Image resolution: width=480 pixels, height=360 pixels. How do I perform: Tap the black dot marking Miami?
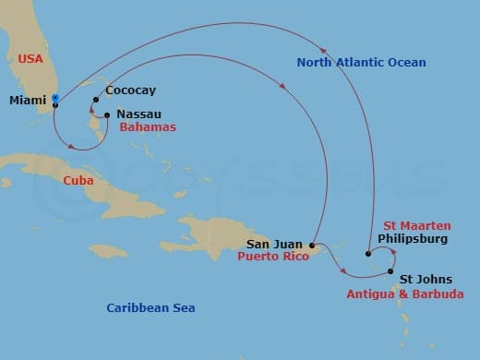[55, 105]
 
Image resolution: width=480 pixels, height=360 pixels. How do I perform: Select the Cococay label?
[129, 91]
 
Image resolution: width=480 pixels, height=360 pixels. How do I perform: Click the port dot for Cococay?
[96, 100]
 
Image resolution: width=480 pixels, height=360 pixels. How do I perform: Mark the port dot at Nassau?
[108, 115]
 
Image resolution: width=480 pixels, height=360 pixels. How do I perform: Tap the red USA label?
[31, 59]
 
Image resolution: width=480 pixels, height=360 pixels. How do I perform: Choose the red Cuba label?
[78, 181]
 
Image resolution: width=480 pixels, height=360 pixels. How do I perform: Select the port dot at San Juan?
[312, 246]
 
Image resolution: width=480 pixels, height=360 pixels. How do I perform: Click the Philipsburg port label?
[413, 239]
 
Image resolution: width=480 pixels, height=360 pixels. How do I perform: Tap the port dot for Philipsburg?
[368, 253]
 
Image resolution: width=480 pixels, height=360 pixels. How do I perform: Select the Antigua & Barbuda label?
[405, 294]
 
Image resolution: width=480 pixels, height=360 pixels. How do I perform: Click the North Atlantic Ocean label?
[361, 63]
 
